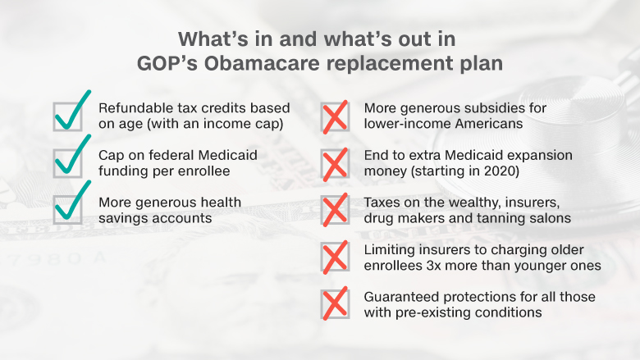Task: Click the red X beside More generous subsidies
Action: pos(335,117)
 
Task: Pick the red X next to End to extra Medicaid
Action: pos(335,164)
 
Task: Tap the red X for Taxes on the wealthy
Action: pos(335,210)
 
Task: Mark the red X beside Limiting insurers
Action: pos(335,257)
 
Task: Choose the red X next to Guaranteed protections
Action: pos(335,303)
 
